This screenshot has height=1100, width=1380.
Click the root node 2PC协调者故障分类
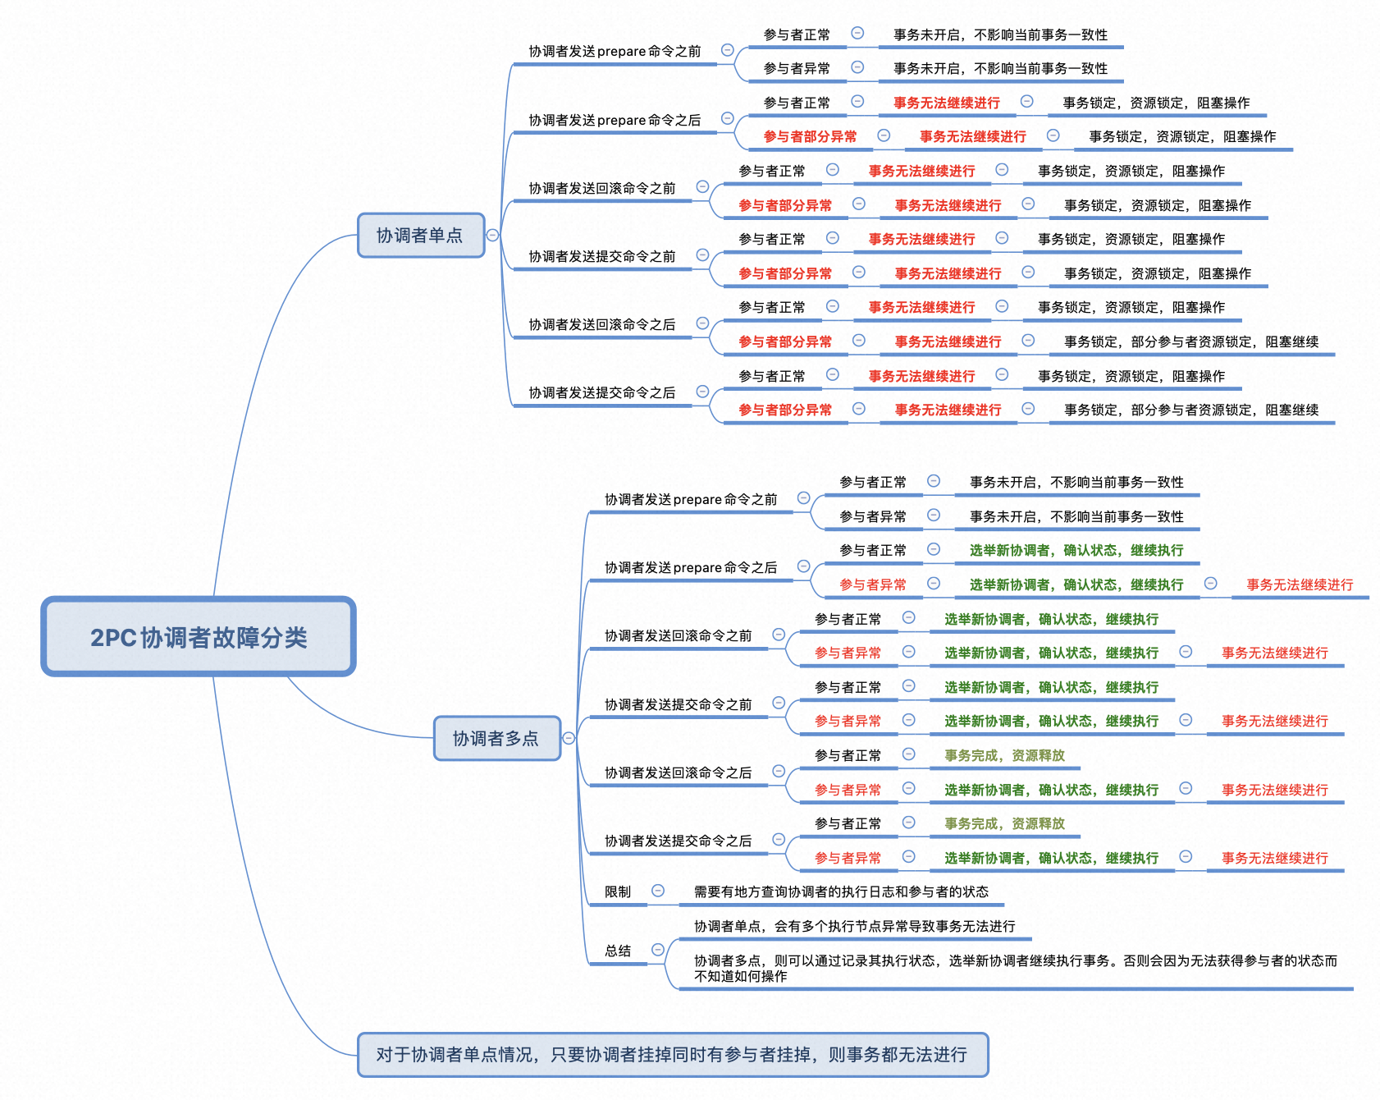point(199,637)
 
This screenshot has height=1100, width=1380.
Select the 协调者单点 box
point(420,236)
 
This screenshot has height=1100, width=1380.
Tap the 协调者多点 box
point(496,739)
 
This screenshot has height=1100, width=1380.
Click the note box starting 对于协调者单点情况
point(672,1055)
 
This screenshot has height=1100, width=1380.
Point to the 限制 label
point(618,892)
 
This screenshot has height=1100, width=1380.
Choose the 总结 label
point(618,951)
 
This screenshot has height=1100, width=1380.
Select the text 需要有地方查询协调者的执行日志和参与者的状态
point(841,892)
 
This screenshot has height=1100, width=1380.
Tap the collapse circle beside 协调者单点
point(492,235)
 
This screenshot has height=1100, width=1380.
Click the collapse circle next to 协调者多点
point(569,738)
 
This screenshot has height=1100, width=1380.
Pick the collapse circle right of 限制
point(658,891)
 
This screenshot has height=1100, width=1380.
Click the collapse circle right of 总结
point(658,950)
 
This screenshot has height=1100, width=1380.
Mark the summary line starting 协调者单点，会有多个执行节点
point(854,927)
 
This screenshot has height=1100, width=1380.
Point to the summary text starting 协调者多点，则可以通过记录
point(1015,969)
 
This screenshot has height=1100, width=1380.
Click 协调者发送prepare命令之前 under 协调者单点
point(615,52)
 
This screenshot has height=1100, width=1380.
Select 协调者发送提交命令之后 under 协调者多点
point(678,841)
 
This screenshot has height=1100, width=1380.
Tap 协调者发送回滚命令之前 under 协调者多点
point(678,636)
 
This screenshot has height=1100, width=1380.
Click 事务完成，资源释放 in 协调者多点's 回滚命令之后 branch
point(1004,756)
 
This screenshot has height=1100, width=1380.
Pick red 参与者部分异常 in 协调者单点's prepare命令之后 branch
point(810,137)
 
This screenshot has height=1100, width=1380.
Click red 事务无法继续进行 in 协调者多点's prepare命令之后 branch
point(1300,585)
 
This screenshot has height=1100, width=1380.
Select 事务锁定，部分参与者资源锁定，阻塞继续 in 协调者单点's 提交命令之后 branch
point(1190,410)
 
